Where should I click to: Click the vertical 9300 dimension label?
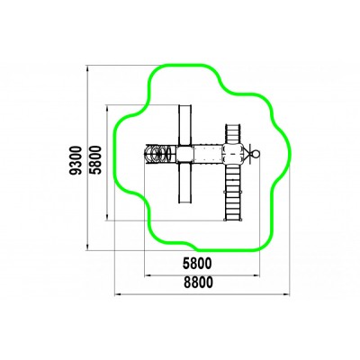point(75,160)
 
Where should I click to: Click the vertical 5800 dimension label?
point(96,160)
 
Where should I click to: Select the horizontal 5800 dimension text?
point(197,264)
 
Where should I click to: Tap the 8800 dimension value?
point(198,283)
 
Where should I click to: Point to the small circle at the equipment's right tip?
point(256,154)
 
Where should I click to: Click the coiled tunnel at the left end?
point(159,154)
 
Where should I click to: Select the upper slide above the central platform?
point(184,125)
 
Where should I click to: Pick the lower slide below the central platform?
point(184,183)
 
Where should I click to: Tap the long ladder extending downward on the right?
point(233,193)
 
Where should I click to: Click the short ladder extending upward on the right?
point(232,134)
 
